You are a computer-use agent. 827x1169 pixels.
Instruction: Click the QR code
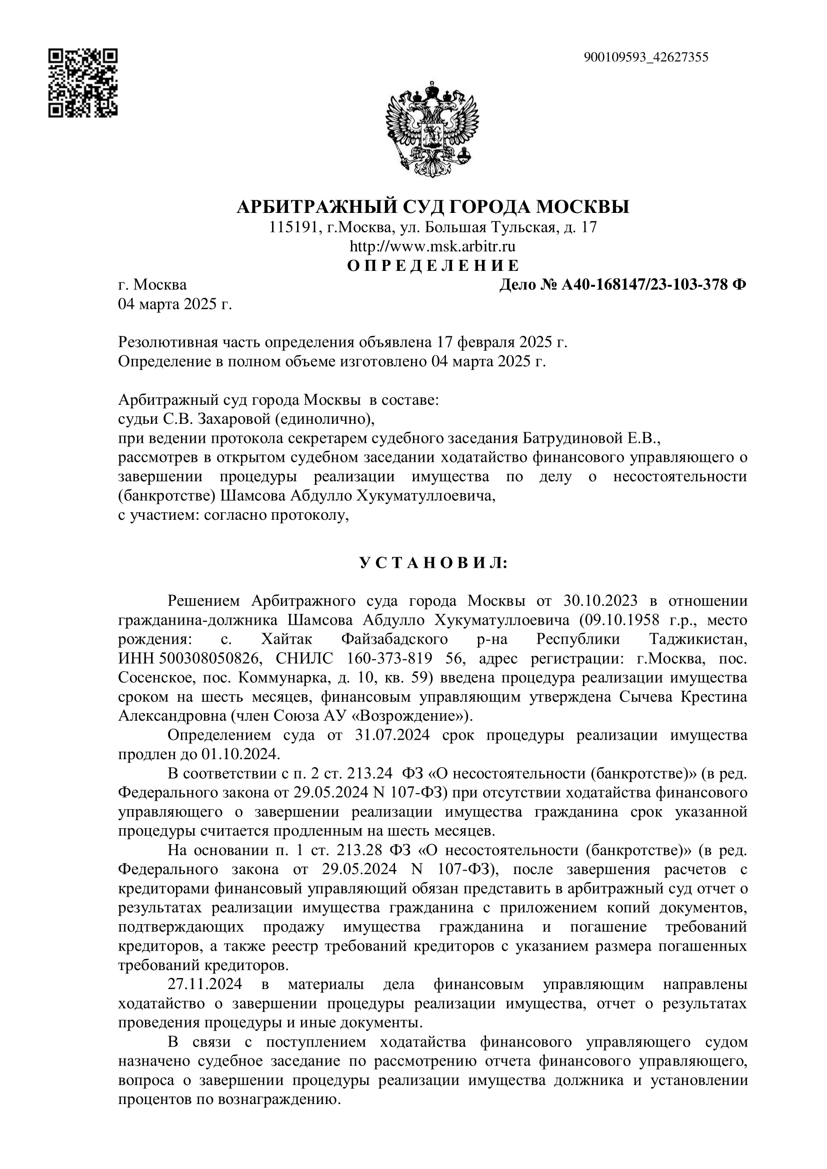pos(83,82)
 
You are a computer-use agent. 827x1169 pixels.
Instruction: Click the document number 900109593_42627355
pos(645,57)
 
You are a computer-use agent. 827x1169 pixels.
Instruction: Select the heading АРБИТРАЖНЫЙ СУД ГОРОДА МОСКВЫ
pos(433,206)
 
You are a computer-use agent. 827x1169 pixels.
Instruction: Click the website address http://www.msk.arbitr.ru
pos(432,247)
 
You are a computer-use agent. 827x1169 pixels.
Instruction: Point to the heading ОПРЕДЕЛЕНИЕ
pos(433,266)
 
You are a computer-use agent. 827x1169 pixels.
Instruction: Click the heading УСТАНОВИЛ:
pos(433,563)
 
